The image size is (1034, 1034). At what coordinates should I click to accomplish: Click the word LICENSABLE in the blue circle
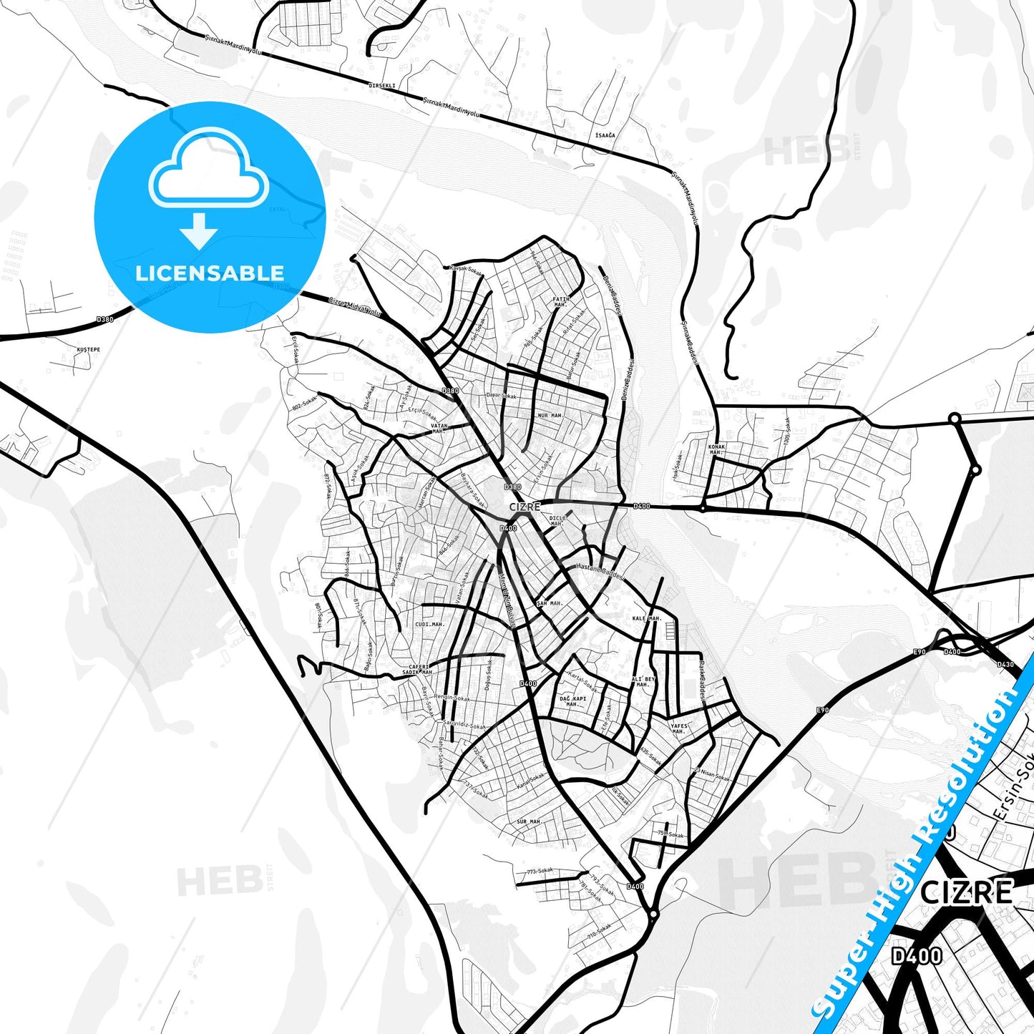tap(210, 273)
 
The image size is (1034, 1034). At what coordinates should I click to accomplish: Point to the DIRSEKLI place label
tap(381, 86)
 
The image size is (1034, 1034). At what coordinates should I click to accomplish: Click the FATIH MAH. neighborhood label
tap(560, 302)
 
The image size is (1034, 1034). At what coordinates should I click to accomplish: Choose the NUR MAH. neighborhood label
tap(550, 415)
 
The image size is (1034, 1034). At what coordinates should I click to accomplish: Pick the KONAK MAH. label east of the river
tap(716, 449)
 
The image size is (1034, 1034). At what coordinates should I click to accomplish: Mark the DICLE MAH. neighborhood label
tap(557, 520)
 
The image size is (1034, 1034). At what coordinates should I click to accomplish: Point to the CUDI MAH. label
tap(429, 624)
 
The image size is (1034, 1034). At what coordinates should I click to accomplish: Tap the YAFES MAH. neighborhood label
tap(678, 728)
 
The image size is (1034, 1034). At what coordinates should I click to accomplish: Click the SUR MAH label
tap(528, 821)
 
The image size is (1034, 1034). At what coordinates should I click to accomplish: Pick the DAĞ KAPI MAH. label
tap(572, 701)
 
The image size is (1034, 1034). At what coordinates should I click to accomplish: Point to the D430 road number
tap(1005, 665)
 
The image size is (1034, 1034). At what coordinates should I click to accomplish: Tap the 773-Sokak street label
tap(540, 872)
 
